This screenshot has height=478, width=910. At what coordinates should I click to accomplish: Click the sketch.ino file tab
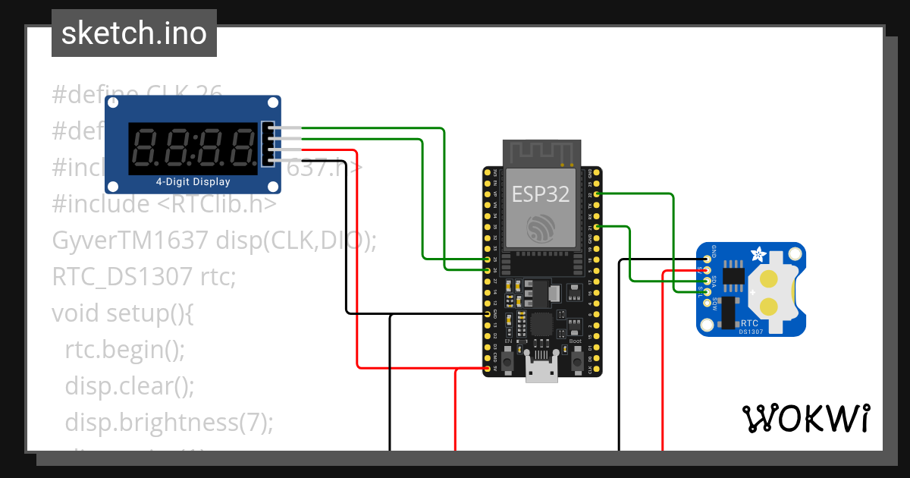pos(133,33)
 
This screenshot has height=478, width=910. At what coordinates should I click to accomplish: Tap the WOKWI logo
pos(805,418)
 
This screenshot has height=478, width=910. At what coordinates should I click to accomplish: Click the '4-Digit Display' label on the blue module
pos(193,182)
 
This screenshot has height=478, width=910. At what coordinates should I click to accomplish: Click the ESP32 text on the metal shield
pos(540,193)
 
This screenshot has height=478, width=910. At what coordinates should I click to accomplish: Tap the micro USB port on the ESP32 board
pos(540,371)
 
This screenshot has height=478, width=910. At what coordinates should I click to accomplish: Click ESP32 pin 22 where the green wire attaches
pos(598,194)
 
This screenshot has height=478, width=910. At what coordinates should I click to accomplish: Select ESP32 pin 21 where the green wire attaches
pos(598,227)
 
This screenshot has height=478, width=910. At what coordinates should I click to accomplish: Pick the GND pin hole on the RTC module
pos(707,259)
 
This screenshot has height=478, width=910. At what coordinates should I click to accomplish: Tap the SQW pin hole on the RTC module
pos(707,303)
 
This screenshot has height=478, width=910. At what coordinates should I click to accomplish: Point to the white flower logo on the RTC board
pos(756,253)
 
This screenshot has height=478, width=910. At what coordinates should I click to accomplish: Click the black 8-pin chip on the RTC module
pos(733,276)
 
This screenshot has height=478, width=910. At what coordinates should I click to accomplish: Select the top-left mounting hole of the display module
pos(113,104)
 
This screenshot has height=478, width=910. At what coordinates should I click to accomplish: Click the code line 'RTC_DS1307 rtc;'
pos(144,276)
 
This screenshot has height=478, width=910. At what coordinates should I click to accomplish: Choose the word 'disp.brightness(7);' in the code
pos(168,422)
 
